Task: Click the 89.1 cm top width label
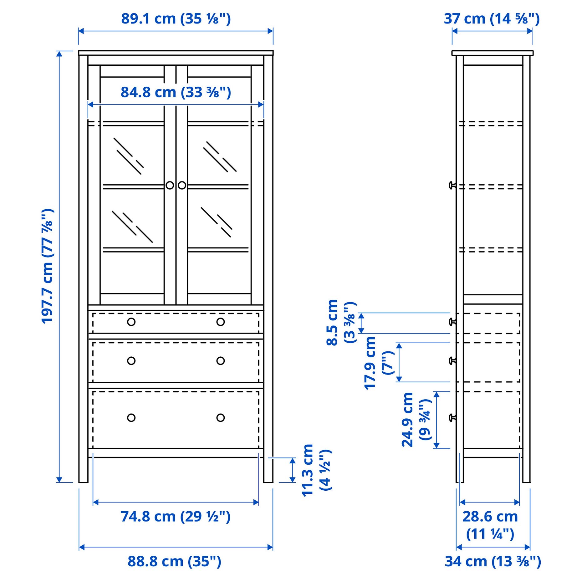pyautogui.click(x=176, y=19)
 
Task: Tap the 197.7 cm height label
pyautogui.click(x=48, y=266)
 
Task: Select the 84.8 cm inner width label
pyautogui.click(x=176, y=92)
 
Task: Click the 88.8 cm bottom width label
pyautogui.click(x=174, y=561)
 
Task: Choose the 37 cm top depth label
pyautogui.click(x=492, y=19)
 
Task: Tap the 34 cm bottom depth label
pyautogui.click(x=493, y=561)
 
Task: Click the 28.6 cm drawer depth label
pyautogui.click(x=490, y=525)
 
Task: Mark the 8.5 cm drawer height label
pyautogui.click(x=340, y=322)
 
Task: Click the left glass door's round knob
pyautogui.click(x=170, y=186)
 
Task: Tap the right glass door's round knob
pyautogui.click(x=182, y=186)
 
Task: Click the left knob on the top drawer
pyautogui.click(x=131, y=322)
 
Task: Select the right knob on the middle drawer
pyautogui.click(x=220, y=361)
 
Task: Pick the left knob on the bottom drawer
pyautogui.click(x=131, y=418)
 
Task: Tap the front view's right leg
pyautogui.click(x=268, y=469)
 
